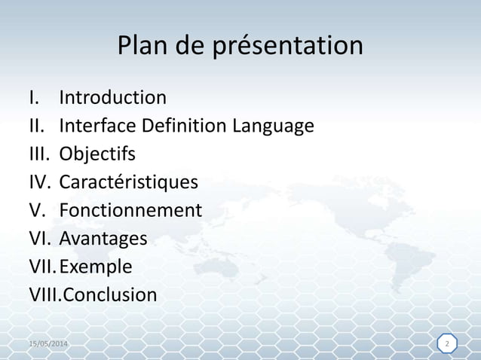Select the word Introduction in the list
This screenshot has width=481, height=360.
pos(113,98)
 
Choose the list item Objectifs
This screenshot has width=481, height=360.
pos(97,154)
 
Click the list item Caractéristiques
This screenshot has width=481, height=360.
pos(129,182)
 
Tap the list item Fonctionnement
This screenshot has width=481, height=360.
pos(130,210)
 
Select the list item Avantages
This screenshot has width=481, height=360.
pos(103,239)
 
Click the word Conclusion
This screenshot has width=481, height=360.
pos(109,294)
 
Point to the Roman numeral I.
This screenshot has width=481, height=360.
pos(32,98)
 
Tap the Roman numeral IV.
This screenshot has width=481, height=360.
pos(39,182)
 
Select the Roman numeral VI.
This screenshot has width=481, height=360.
pos(39,239)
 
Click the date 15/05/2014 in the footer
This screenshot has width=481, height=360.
pos(47,344)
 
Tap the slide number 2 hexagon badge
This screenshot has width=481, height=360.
pos(447,344)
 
